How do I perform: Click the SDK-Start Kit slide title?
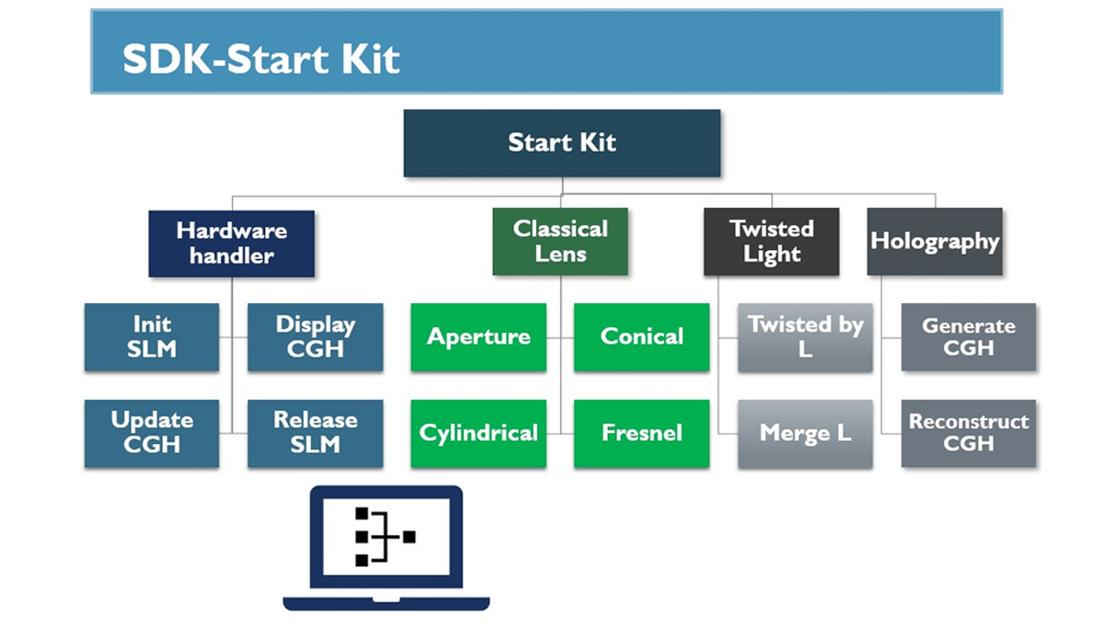coord(261,60)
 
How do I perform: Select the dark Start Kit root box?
coord(561,142)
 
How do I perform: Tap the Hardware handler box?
coord(231,244)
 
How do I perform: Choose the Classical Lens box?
coord(559,242)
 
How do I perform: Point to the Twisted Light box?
coord(771,242)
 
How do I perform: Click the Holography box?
coord(934,242)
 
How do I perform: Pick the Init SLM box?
coord(152,337)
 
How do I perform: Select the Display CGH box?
coord(315,337)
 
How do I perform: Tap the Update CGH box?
coord(152,433)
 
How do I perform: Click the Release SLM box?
coord(315,433)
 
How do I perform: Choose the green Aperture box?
coord(478,337)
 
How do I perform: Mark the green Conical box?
coord(641,337)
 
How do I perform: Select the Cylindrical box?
coord(478,433)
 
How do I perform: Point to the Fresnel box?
coord(641,433)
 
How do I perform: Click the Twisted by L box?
coord(805,337)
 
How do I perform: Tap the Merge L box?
coord(805,433)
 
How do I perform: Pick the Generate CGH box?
coord(968,337)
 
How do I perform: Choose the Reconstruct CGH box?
coord(968,433)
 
